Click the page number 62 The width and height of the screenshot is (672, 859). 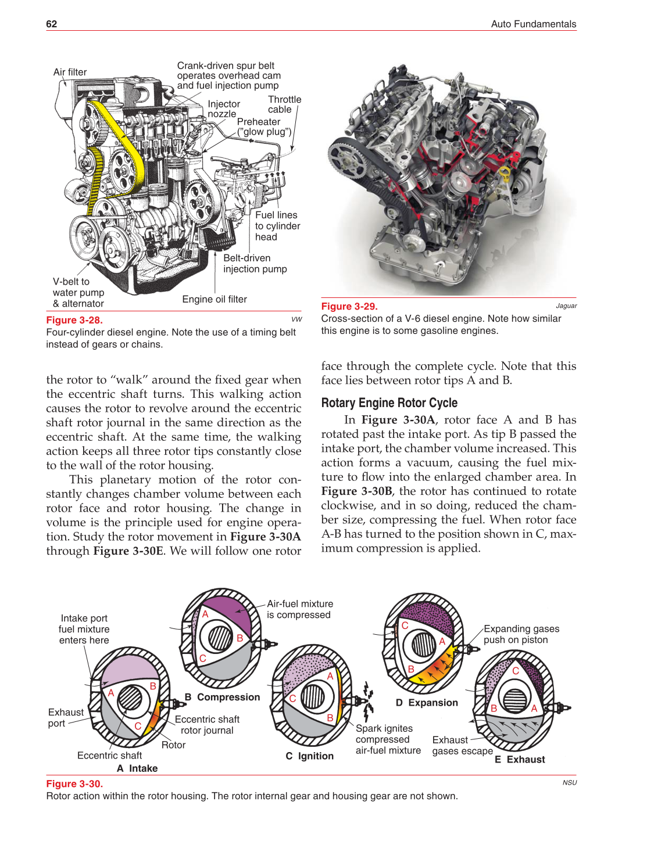(x=52, y=24)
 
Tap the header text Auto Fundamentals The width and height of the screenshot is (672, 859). (x=533, y=24)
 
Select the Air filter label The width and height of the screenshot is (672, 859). (x=70, y=72)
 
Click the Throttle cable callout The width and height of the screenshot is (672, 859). (x=284, y=105)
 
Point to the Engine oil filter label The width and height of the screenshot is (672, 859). (x=215, y=299)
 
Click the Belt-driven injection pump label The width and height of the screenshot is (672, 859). (x=255, y=263)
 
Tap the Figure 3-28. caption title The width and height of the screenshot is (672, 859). (x=74, y=320)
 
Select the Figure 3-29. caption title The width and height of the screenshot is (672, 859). (x=349, y=306)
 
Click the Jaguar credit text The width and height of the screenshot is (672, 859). (x=566, y=306)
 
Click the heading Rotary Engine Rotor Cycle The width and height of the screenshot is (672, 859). (x=389, y=402)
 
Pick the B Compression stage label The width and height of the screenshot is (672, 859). (x=222, y=697)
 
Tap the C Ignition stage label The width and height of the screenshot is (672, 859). (x=309, y=756)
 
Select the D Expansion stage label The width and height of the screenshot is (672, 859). (x=427, y=703)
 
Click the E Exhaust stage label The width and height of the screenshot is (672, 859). (x=520, y=759)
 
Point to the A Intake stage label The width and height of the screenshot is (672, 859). (x=137, y=768)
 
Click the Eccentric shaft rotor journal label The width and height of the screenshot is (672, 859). (x=207, y=725)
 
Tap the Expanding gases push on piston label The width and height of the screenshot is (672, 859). (x=521, y=634)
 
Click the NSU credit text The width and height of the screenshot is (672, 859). (x=569, y=782)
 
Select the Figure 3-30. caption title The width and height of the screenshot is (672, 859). (x=74, y=783)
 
